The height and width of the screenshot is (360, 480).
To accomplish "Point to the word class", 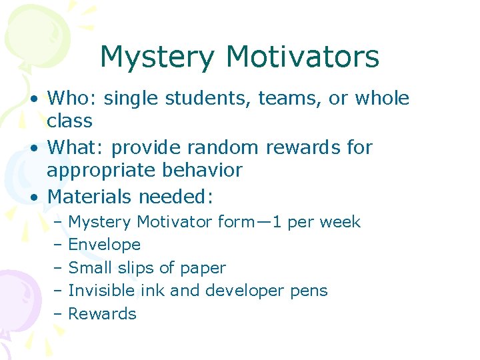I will click(x=69, y=121).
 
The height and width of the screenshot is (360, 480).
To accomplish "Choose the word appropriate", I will click(x=102, y=170).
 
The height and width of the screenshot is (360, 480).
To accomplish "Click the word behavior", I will click(x=203, y=170).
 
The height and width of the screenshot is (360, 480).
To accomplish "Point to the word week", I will click(x=340, y=222).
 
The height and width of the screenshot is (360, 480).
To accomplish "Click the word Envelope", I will click(x=105, y=245).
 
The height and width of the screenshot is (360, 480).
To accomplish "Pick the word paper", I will click(x=204, y=268).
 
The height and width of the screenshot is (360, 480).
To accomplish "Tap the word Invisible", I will click(x=102, y=291).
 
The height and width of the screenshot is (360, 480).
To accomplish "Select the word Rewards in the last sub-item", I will click(x=103, y=314).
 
